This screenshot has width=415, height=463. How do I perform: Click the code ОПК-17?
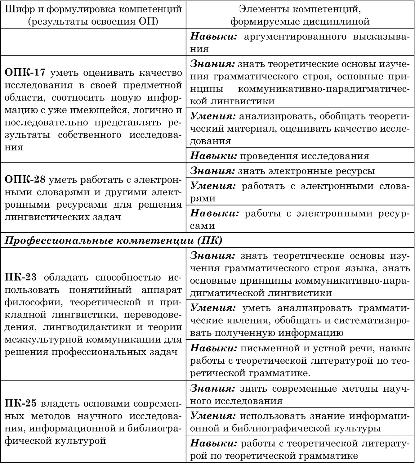pos(25,73)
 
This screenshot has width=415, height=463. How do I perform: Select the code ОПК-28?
pos(25,180)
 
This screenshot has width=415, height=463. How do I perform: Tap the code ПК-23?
pos(21,277)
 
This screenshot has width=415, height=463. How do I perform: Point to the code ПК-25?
pos(21,403)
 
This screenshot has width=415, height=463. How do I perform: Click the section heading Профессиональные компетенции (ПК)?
pos(114,240)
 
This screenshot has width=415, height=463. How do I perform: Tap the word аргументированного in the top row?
pos(295,37)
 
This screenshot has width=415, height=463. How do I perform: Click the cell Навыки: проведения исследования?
pos(279,155)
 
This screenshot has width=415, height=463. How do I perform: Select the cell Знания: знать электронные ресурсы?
pos(282,171)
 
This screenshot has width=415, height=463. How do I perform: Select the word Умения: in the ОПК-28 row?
pos(213,186)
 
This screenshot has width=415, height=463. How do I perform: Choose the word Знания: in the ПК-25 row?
pos(212,388)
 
